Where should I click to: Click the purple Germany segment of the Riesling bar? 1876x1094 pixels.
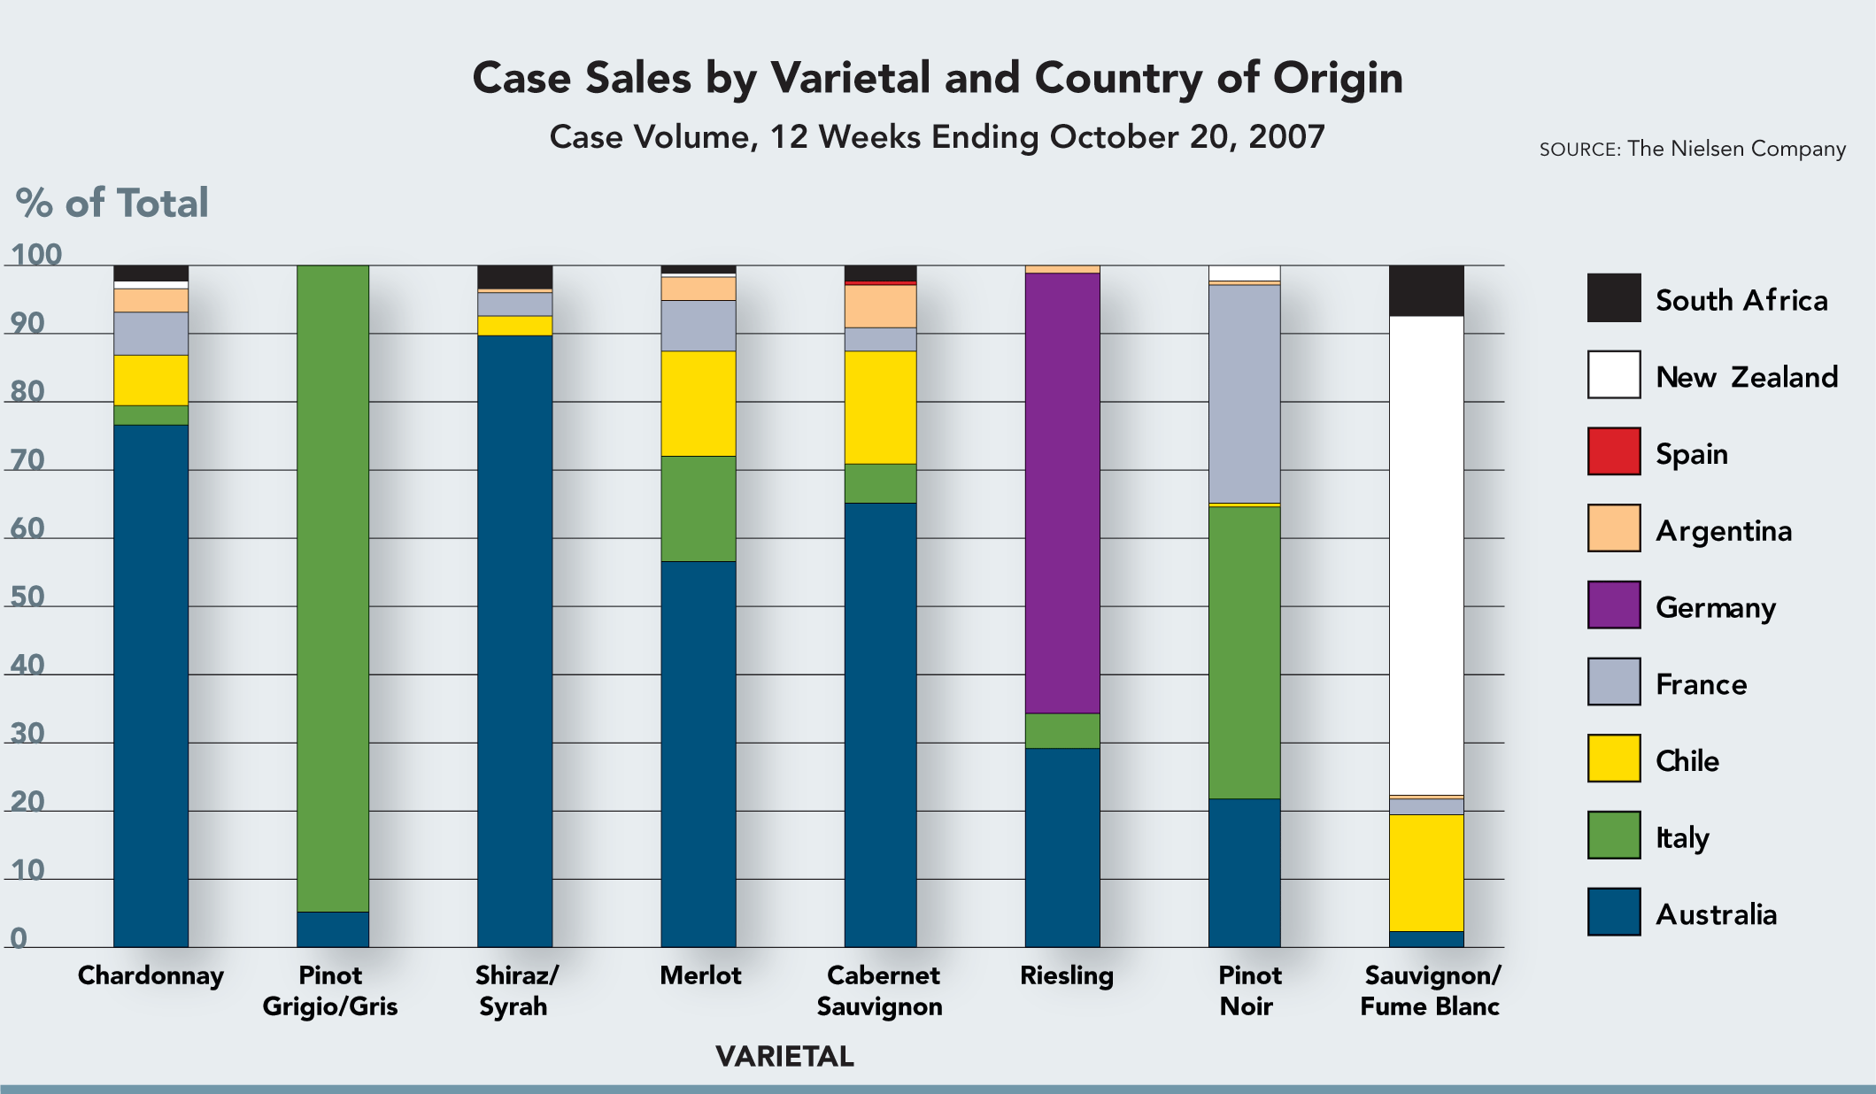pos(1062,493)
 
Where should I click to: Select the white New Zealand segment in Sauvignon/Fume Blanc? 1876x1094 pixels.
pos(1425,555)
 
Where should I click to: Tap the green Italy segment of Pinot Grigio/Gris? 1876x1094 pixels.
pos(332,588)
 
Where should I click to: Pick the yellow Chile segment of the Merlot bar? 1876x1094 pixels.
pos(699,404)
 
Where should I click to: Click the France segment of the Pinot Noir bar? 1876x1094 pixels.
pos(1244,394)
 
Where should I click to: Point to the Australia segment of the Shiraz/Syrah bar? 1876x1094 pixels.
pos(514,641)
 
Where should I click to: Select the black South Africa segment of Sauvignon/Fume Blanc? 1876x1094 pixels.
pos(1425,290)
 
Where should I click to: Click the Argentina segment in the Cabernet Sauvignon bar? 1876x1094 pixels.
pos(880,306)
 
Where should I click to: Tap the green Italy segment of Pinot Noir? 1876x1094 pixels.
pos(1244,652)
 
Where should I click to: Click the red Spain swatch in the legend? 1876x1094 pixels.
pos(1613,451)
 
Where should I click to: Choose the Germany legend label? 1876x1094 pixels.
pos(1715,608)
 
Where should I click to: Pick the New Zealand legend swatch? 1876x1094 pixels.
pos(1613,374)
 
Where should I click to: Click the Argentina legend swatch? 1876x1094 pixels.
pos(1613,528)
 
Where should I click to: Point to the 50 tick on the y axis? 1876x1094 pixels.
pos(27,597)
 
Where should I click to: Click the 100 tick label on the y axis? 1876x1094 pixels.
pos(36,255)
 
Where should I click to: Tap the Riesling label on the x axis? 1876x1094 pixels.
pos(1066,975)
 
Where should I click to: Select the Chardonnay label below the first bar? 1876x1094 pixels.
pos(151,975)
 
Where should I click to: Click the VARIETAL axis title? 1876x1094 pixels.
pos(784,1056)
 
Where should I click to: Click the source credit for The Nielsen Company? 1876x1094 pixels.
pos(1692,149)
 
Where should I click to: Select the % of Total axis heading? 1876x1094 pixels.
pos(112,203)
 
